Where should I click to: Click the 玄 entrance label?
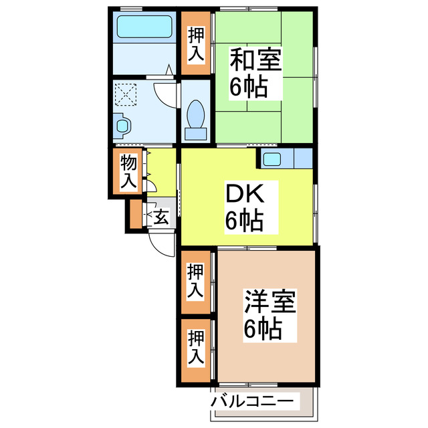tap(161, 216)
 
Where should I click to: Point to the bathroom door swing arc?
tap(164, 92)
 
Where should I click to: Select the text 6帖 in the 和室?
tap(248, 86)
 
